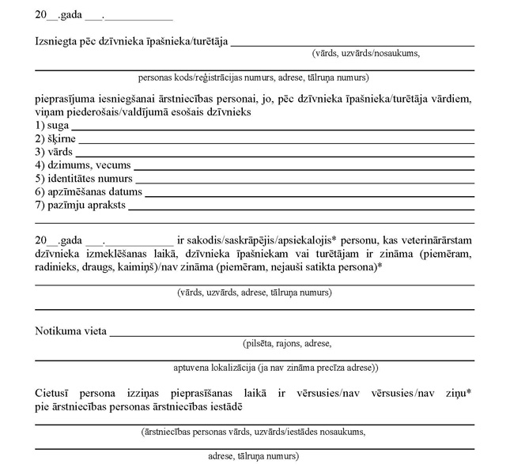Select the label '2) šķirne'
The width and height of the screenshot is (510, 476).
55,138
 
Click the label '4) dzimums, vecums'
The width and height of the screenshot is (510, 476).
82,165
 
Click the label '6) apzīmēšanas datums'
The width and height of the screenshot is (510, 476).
89,191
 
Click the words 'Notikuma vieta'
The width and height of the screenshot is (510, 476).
70,331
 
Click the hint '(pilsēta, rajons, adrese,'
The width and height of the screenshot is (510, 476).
287,343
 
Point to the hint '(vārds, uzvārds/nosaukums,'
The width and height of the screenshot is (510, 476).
366,53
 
